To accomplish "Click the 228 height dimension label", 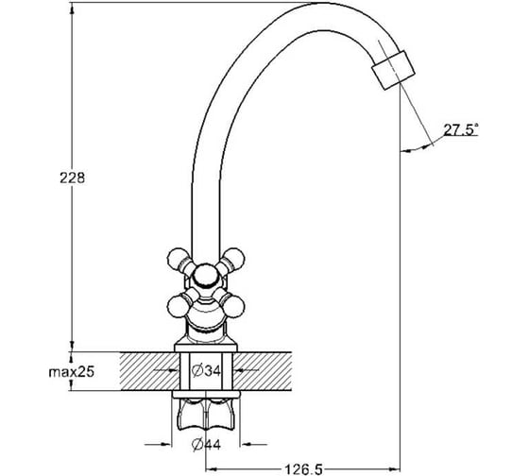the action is (72, 178).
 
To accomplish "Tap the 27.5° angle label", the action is (461, 129).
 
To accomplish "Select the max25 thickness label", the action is (72, 372).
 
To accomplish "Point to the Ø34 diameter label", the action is (206, 371).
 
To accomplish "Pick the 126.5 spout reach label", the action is (304, 469).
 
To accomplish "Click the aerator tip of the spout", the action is (393, 70).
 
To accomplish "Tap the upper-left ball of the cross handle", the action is (178, 259).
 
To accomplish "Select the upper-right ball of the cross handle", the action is (234, 259).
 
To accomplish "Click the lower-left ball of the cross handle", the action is (178, 307).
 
